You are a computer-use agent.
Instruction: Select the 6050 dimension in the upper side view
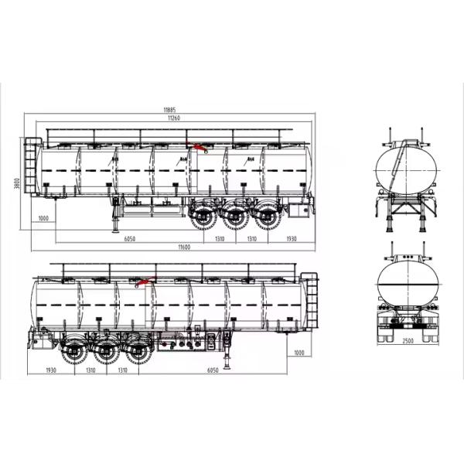tap(130, 239)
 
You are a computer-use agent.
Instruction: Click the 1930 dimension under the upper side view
tap(292, 239)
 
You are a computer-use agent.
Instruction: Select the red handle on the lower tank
tap(144, 281)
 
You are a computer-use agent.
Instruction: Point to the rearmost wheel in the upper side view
tap(268, 216)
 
